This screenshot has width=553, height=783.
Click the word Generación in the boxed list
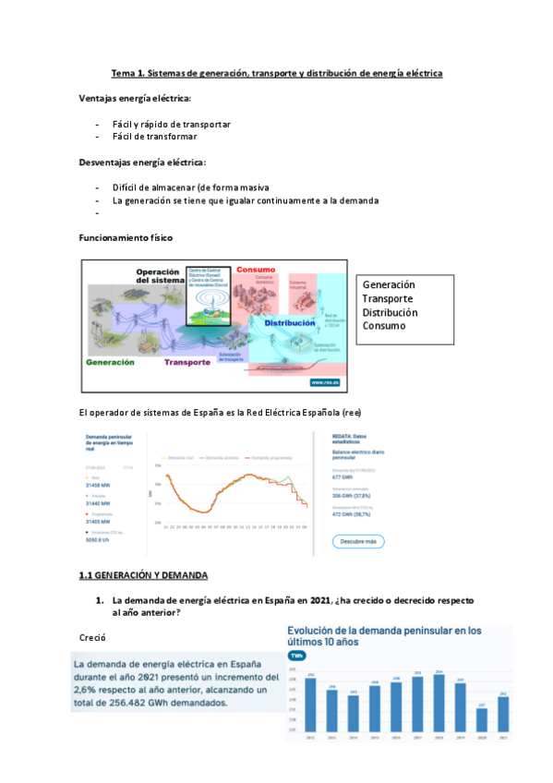coord(389,285)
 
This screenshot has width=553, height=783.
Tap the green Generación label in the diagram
coord(111,363)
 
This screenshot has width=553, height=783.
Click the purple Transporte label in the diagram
coord(187,363)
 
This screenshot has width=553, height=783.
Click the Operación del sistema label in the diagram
coord(162,276)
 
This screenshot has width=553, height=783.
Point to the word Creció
coord(93,637)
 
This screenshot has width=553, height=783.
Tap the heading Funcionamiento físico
coord(126,238)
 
